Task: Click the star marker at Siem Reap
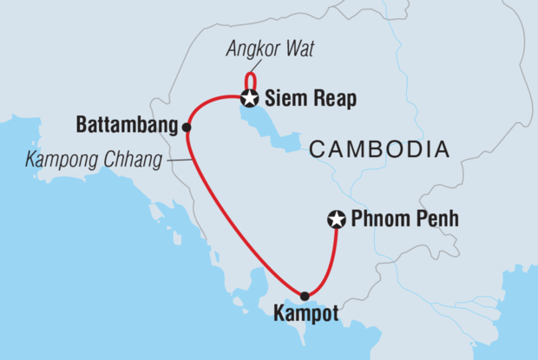[x=250, y=97]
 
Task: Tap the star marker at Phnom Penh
[x=336, y=220]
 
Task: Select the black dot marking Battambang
[x=186, y=127]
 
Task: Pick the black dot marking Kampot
[x=304, y=296]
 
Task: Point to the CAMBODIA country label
[x=379, y=150]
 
